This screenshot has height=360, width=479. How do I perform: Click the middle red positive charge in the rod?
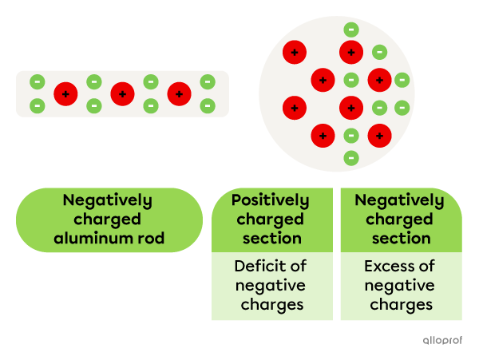point(122,94)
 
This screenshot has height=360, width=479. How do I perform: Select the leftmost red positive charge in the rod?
point(65,94)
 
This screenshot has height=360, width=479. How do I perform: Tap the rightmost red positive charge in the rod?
point(179,94)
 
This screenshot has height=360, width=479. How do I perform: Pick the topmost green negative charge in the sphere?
point(350,30)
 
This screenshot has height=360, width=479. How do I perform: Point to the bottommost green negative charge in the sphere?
point(350,157)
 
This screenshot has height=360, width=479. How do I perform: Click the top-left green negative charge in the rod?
point(37,81)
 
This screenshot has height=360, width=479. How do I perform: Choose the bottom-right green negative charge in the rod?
point(208,105)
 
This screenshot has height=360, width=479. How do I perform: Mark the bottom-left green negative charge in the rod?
point(37,105)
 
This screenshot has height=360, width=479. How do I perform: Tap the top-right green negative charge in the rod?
point(208,81)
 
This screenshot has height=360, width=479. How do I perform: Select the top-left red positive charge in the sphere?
point(295,53)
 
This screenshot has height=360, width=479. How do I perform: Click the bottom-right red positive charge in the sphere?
point(379,135)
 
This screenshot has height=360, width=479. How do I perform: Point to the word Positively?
point(270,200)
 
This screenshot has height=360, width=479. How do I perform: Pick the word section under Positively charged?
point(270,238)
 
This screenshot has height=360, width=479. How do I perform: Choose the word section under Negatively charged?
point(400,238)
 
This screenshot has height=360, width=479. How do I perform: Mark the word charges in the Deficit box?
point(270,304)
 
